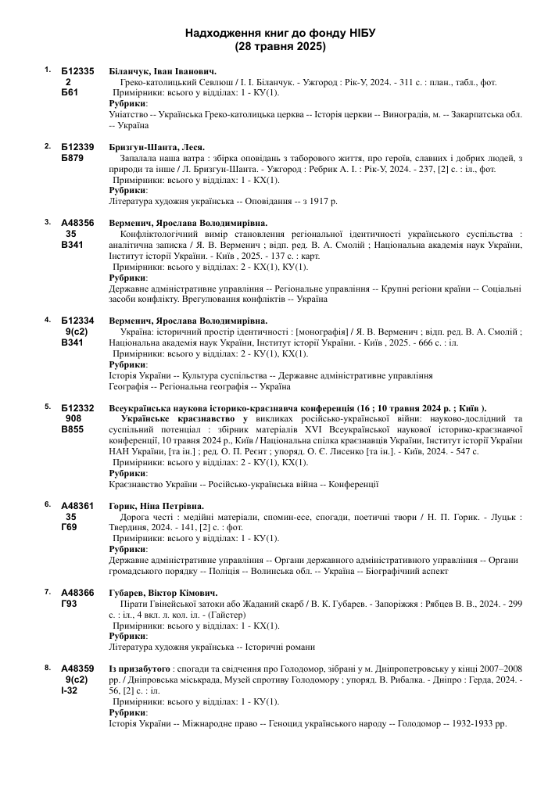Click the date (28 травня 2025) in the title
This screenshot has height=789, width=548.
[281, 47]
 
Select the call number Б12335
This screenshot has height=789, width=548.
[77, 71]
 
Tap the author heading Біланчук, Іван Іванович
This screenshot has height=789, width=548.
[157, 71]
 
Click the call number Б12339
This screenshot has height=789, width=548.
[77, 147]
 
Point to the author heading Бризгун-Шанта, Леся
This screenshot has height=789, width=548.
[157, 147]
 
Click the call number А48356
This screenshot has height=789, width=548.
[77, 223]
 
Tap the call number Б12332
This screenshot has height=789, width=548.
[77, 407]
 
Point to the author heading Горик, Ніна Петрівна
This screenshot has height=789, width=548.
[156, 505]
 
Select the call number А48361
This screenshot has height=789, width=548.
[77, 505]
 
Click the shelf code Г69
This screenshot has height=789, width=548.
[70, 527]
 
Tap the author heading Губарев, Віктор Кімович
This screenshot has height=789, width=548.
[163, 592]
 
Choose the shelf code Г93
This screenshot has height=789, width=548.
[70, 604]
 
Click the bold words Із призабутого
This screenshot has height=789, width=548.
[140, 669]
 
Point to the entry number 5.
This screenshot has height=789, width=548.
[48, 407]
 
